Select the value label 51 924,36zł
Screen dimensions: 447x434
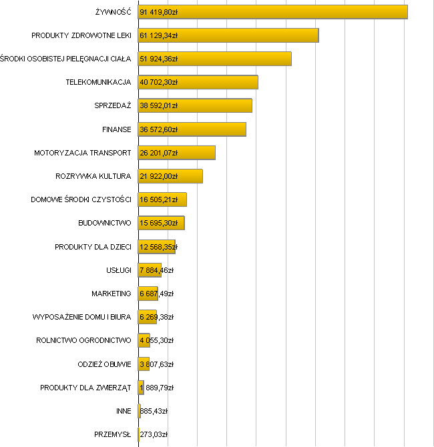click(158, 59)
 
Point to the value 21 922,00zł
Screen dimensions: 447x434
click(158, 176)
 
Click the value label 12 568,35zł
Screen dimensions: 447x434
click(158, 247)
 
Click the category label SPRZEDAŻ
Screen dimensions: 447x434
click(113, 106)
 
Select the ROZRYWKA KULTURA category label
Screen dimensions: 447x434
click(93, 176)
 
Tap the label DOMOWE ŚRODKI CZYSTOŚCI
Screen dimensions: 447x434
click(81, 199)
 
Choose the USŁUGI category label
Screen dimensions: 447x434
click(118, 270)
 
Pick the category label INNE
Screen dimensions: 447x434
click(124, 411)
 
